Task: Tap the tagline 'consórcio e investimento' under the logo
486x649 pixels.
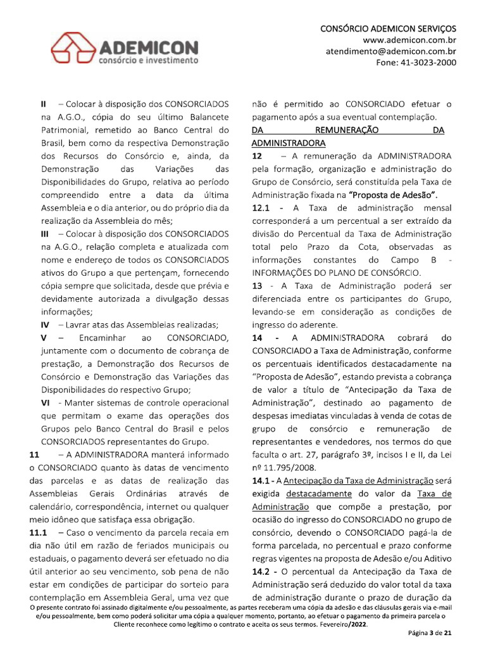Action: click(x=147, y=61)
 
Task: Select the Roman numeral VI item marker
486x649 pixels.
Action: click(x=46, y=402)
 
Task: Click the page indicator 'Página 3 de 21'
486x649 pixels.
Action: click(x=428, y=634)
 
